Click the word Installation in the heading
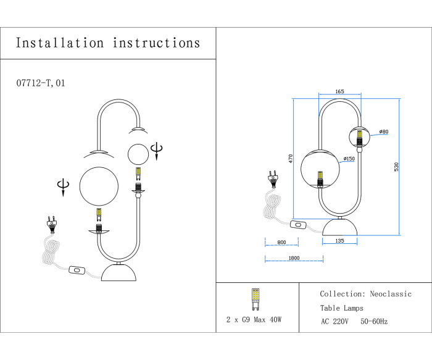point(60,43)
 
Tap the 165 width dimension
point(339,91)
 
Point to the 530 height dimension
point(405,167)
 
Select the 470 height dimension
point(291,158)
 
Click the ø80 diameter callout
point(383,132)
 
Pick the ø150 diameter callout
point(349,158)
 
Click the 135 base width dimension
point(339,241)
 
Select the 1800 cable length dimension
point(293,258)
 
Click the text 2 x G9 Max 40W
point(254,320)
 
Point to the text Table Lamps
point(341,308)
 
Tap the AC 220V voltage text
point(335,322)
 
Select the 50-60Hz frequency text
point(374,322)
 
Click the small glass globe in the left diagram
point(138,153)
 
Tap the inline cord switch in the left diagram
point(78,270)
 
